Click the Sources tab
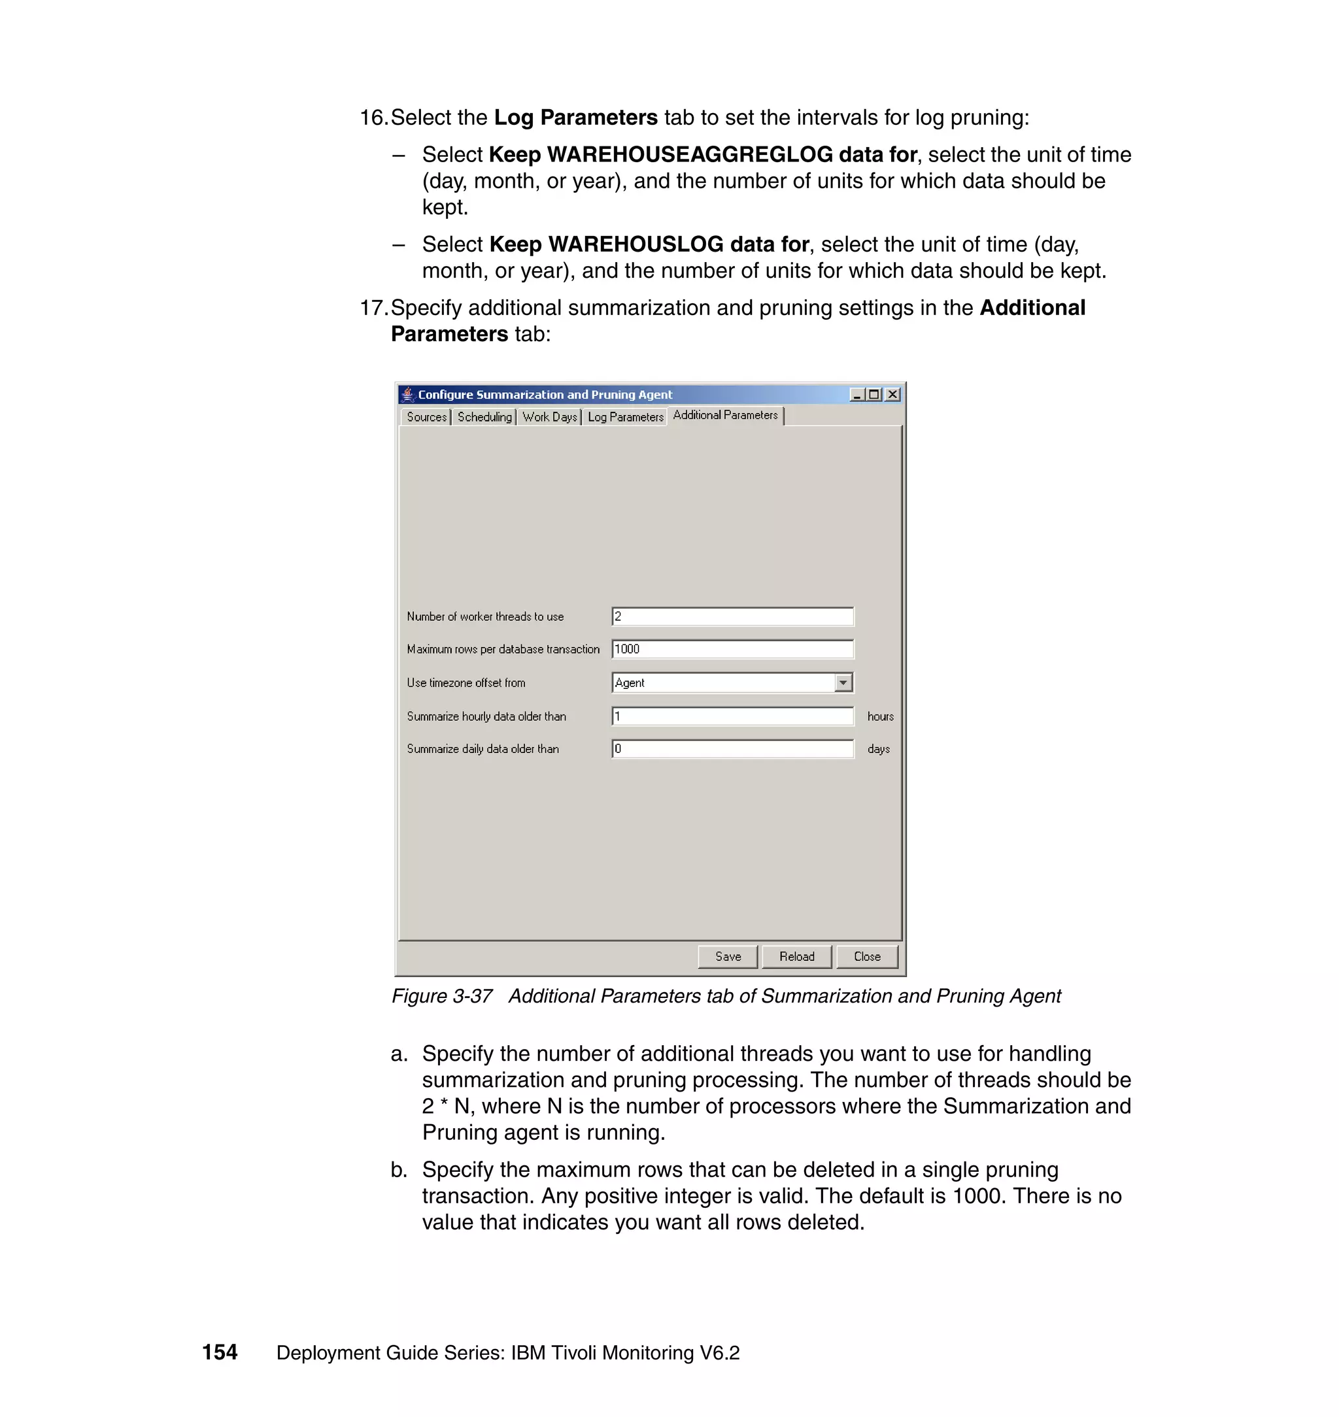426,417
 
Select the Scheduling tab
484,417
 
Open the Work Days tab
549,417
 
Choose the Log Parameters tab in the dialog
625,417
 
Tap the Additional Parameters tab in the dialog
725,415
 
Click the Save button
727,956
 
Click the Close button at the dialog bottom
866,956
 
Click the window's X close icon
892,395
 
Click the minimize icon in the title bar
857,395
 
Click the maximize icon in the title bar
874,395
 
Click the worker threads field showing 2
732,616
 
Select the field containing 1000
732,649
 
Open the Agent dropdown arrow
843,683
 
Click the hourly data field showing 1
732,716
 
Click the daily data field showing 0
732,749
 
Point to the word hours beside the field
880,716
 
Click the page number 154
220,1352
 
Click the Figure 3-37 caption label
442,996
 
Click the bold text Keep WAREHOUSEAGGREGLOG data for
702,155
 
